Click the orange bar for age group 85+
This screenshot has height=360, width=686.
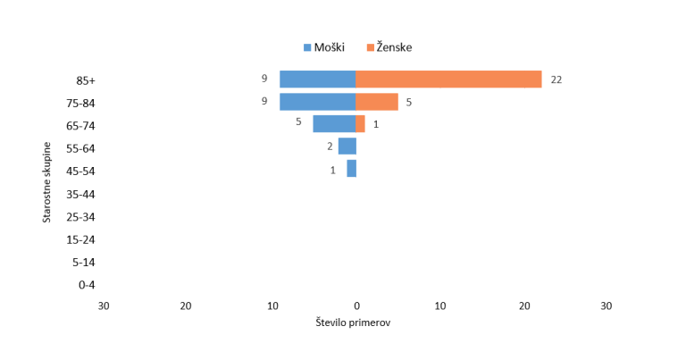pos(448,80)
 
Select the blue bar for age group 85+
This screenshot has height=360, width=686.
pos(317,80)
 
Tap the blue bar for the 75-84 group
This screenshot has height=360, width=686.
pos(317,102)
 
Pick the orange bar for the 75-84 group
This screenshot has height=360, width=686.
pos(377,102)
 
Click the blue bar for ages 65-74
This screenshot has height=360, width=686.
pos(333,124)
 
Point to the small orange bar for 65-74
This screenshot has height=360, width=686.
pos(360,124)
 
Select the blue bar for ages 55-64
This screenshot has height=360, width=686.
pos(347,147)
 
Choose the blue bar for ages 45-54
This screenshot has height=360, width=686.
pos(351,169)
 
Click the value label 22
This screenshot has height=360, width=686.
pos(556,80)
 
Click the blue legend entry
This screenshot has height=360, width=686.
pos(324,47)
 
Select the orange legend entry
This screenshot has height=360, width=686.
pos(389,47)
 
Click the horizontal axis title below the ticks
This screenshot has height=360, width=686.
pos(352,322)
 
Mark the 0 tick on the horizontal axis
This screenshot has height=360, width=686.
pos(356,306)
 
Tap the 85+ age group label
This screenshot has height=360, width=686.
pos(87,80)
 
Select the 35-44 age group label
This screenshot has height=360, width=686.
pos(80,194)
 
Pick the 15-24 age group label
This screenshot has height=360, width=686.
pos(80,239)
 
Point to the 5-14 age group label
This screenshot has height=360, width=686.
pos(83,263)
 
